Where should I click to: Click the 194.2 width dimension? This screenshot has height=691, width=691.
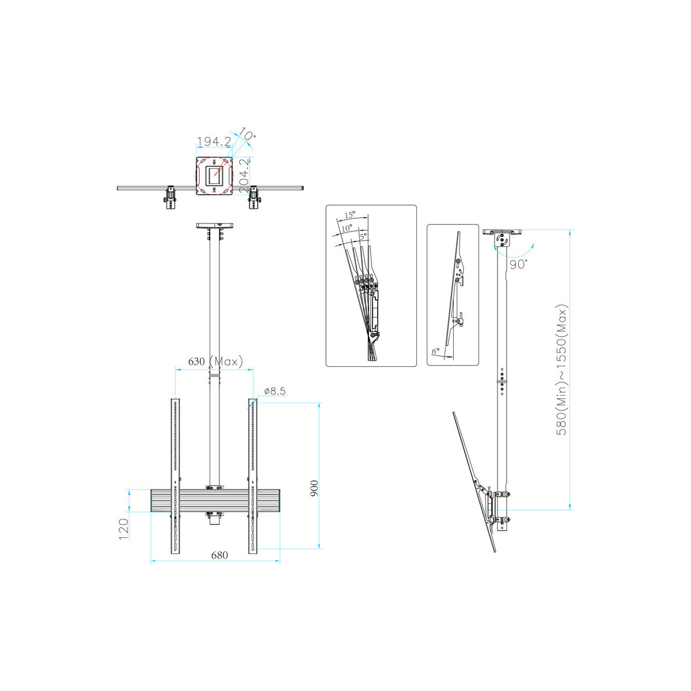(x=214, y=141)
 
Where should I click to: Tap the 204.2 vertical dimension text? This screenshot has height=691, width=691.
(x=244, y=176)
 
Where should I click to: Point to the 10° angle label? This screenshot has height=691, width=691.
(x=247, y=134)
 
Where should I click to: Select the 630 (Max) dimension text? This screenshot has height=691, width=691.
(x=215, y=361)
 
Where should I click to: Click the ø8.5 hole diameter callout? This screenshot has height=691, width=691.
(x=275, y=391)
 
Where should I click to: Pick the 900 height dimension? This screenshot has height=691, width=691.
(x=314, y=488)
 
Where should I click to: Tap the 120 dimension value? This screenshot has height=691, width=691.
(x=123, y=529)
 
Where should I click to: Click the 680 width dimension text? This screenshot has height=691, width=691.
(x=219, y=556)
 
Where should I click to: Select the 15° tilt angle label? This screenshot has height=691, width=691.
(x=350, y=215)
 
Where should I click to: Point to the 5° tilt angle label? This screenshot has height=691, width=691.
(x=363, y=236)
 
